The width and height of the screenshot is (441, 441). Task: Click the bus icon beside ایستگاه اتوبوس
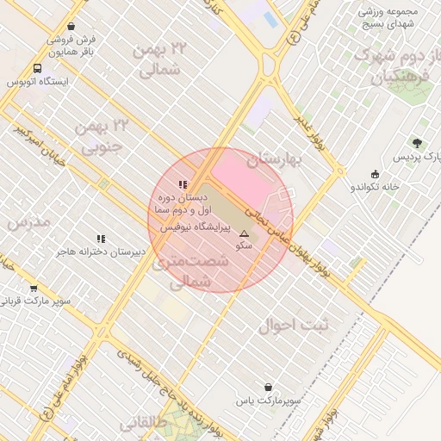(x=38, y=68)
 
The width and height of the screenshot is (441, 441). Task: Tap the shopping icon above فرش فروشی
(x=82, y=25)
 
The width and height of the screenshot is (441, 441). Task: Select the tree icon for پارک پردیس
(x=418, y=143)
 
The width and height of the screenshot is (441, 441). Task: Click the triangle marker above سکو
(x=244, y=233)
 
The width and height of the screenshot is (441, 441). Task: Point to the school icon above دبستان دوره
(x=182, y=184)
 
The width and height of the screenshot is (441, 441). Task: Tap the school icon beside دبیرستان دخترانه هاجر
(x=101, y=239)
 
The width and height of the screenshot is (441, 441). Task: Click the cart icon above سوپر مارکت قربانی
(x=34, y=289)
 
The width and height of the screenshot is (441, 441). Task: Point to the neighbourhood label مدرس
(x=28, y=223)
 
